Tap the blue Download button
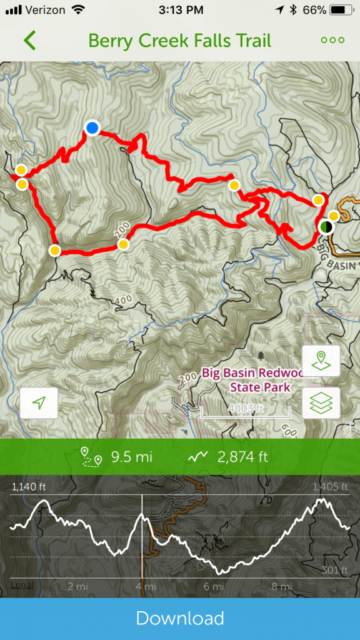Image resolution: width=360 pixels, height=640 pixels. click(x=180, y=618)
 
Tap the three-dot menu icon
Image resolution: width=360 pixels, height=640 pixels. click(x=332, y=40)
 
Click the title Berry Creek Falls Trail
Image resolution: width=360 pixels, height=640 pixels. click(x=180, y=41)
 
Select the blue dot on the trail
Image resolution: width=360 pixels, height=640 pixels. click(x=92, y=128)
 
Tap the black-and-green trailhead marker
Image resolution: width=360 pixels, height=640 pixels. click(x=326, y=227)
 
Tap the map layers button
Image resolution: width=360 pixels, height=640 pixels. click(x=321, y=402)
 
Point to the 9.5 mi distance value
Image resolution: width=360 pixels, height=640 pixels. click(x=131, y=457)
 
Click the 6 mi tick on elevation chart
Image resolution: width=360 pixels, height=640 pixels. click(x=213, y=587)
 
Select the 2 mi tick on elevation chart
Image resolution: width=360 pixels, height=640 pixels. click(x=77, y=587)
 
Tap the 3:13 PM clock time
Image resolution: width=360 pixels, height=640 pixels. click(x=179, y=10)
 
